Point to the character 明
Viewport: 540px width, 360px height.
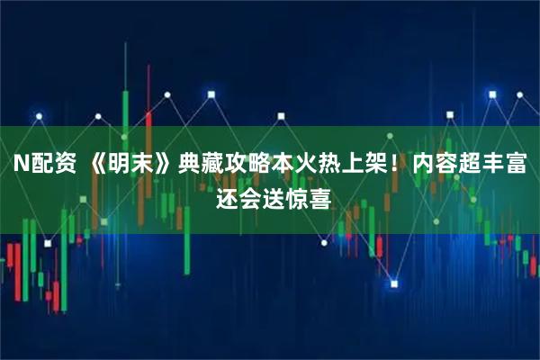pyautogui.click(x=112, y=166)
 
